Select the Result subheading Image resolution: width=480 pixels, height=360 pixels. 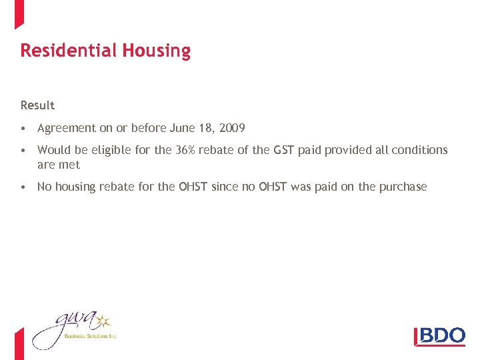tap(37, 105)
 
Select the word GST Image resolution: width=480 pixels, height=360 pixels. tap(282, 150)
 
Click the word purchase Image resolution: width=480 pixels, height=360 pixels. tap(403, 187)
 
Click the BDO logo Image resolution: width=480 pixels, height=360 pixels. tap(440, 335)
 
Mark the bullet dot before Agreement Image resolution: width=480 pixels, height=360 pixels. tap(23, 129)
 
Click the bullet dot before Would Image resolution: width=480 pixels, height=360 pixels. tap(23, 151)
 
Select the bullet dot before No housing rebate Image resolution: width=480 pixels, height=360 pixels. tap(23, 187)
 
